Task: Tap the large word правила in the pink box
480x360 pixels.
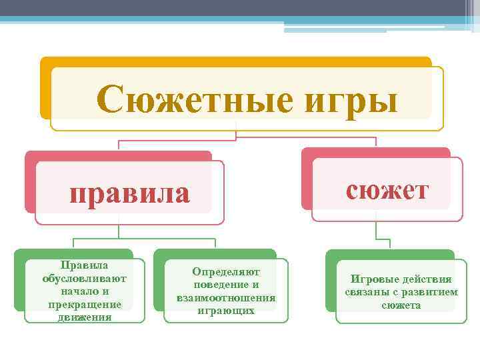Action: tap(130, 193)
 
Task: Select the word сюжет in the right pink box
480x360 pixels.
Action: tap(387, 189)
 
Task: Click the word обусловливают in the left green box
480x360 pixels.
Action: tap(85, 278)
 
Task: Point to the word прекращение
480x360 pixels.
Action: tap(85, 304)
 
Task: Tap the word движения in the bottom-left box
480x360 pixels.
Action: tap(85, 317)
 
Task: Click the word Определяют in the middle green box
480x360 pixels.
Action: tap(226, 272)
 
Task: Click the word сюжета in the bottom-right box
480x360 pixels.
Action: tap(401, 305)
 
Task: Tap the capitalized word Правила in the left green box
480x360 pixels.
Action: tap(85, 265)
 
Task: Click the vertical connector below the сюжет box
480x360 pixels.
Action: tap(377, 230)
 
